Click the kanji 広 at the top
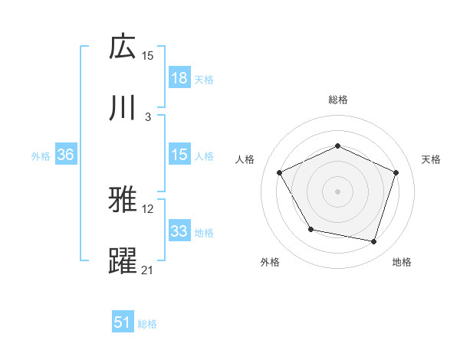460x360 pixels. coord(123,47)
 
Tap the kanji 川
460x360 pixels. coord(123,107)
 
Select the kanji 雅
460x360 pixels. coord(123,201)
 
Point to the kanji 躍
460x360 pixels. coord(123,260)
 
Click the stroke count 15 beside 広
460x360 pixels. coord(148,56)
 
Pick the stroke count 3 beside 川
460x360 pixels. coord(148,116)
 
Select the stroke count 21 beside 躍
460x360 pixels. coord(148,270)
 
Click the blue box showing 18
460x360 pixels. coord(179,78)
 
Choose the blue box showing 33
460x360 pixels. coord(179,231)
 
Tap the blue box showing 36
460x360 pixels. coord(66,155)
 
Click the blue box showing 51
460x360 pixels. coord(123,323)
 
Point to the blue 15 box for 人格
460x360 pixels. coord(179,155)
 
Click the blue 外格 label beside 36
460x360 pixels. coord(41,155)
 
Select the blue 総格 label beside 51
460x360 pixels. coord(147,324)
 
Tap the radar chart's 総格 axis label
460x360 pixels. coord(337,100)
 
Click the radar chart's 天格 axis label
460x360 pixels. coord(431,159)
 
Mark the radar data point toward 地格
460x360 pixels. coord(373,241)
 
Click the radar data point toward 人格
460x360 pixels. coord(279,172)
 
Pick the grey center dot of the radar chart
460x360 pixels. coord(337,191)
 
